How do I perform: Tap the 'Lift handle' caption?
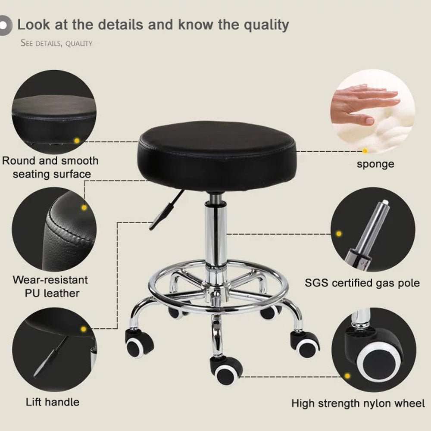click(53, 402)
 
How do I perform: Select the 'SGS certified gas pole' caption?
click(362, 283)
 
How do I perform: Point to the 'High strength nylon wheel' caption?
click(358, 403)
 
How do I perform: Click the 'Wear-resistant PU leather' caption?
click(50, 286)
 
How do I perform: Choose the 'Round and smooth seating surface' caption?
click(50, 167)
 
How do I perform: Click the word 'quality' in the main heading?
click(266, 25)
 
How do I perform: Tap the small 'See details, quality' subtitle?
click(56, 43)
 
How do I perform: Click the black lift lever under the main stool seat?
click(166, 210)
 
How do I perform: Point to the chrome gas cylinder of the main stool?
click(215, 235)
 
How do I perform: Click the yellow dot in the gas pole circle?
click(339, 234)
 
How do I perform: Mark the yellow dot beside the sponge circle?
click(365, 151)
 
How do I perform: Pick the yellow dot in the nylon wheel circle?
click(347, 376)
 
